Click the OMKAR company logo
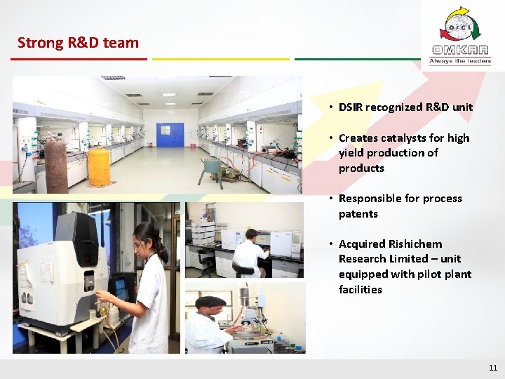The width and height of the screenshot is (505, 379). [460, 35]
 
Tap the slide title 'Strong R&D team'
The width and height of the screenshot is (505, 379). [78, 43]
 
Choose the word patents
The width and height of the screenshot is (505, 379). [358, 214]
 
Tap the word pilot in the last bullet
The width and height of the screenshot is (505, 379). [429, 274]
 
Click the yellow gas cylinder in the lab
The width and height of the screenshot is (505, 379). [98, 166]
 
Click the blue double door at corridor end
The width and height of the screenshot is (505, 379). [170, 134]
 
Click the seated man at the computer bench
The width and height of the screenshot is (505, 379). [249, 253]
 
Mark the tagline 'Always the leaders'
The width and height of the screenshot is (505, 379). [460, 61]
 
